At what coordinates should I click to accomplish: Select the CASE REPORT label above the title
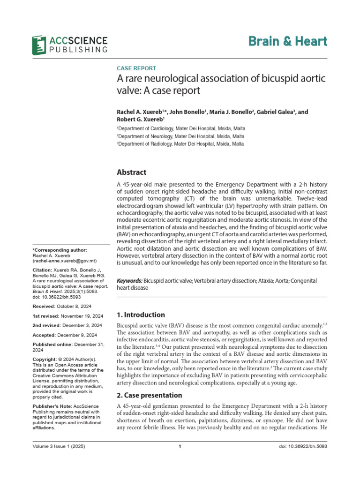(x=136, y=68)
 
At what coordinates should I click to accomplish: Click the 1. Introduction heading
(x=140, y=315)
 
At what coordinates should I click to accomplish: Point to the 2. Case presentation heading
(x=149, y=395)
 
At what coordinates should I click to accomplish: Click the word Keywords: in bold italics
(x=129, y=280)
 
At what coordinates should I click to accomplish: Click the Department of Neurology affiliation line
(x=180, y=136)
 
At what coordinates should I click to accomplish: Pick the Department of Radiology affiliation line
(x=180, y=144)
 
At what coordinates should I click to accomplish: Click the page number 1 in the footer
(x=180, y=460)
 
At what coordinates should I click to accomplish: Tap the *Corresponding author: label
(x=60, y=251)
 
